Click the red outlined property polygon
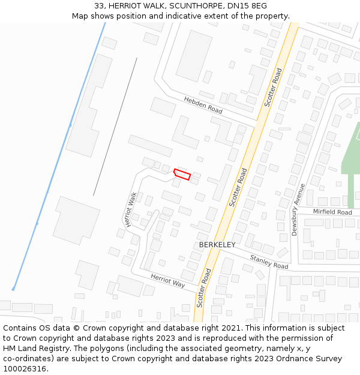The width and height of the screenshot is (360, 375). (182, 175)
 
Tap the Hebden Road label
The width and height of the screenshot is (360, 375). (203, 106)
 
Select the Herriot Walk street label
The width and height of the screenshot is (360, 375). (131, 209)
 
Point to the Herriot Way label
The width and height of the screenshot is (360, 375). (168, 280)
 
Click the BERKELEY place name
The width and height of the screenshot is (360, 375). (217, 245)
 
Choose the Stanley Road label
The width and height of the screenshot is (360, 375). (269, 262)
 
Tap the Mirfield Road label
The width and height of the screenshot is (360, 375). (332, 212)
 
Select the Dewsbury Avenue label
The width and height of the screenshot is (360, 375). (295, 209)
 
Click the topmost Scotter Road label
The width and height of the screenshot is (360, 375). (273, 88)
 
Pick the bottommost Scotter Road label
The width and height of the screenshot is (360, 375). (204, 288)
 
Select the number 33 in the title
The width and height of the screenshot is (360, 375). (99, 5)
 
